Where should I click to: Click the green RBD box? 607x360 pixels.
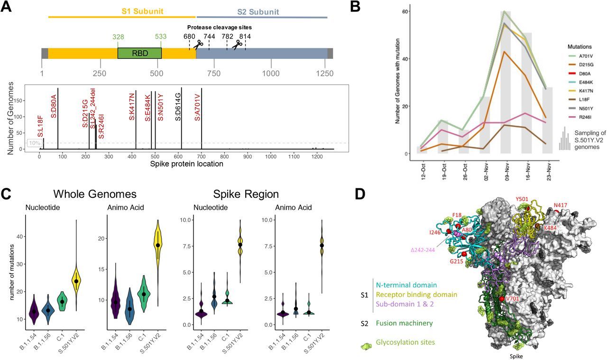139,53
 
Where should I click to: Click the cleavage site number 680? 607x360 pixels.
189,37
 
